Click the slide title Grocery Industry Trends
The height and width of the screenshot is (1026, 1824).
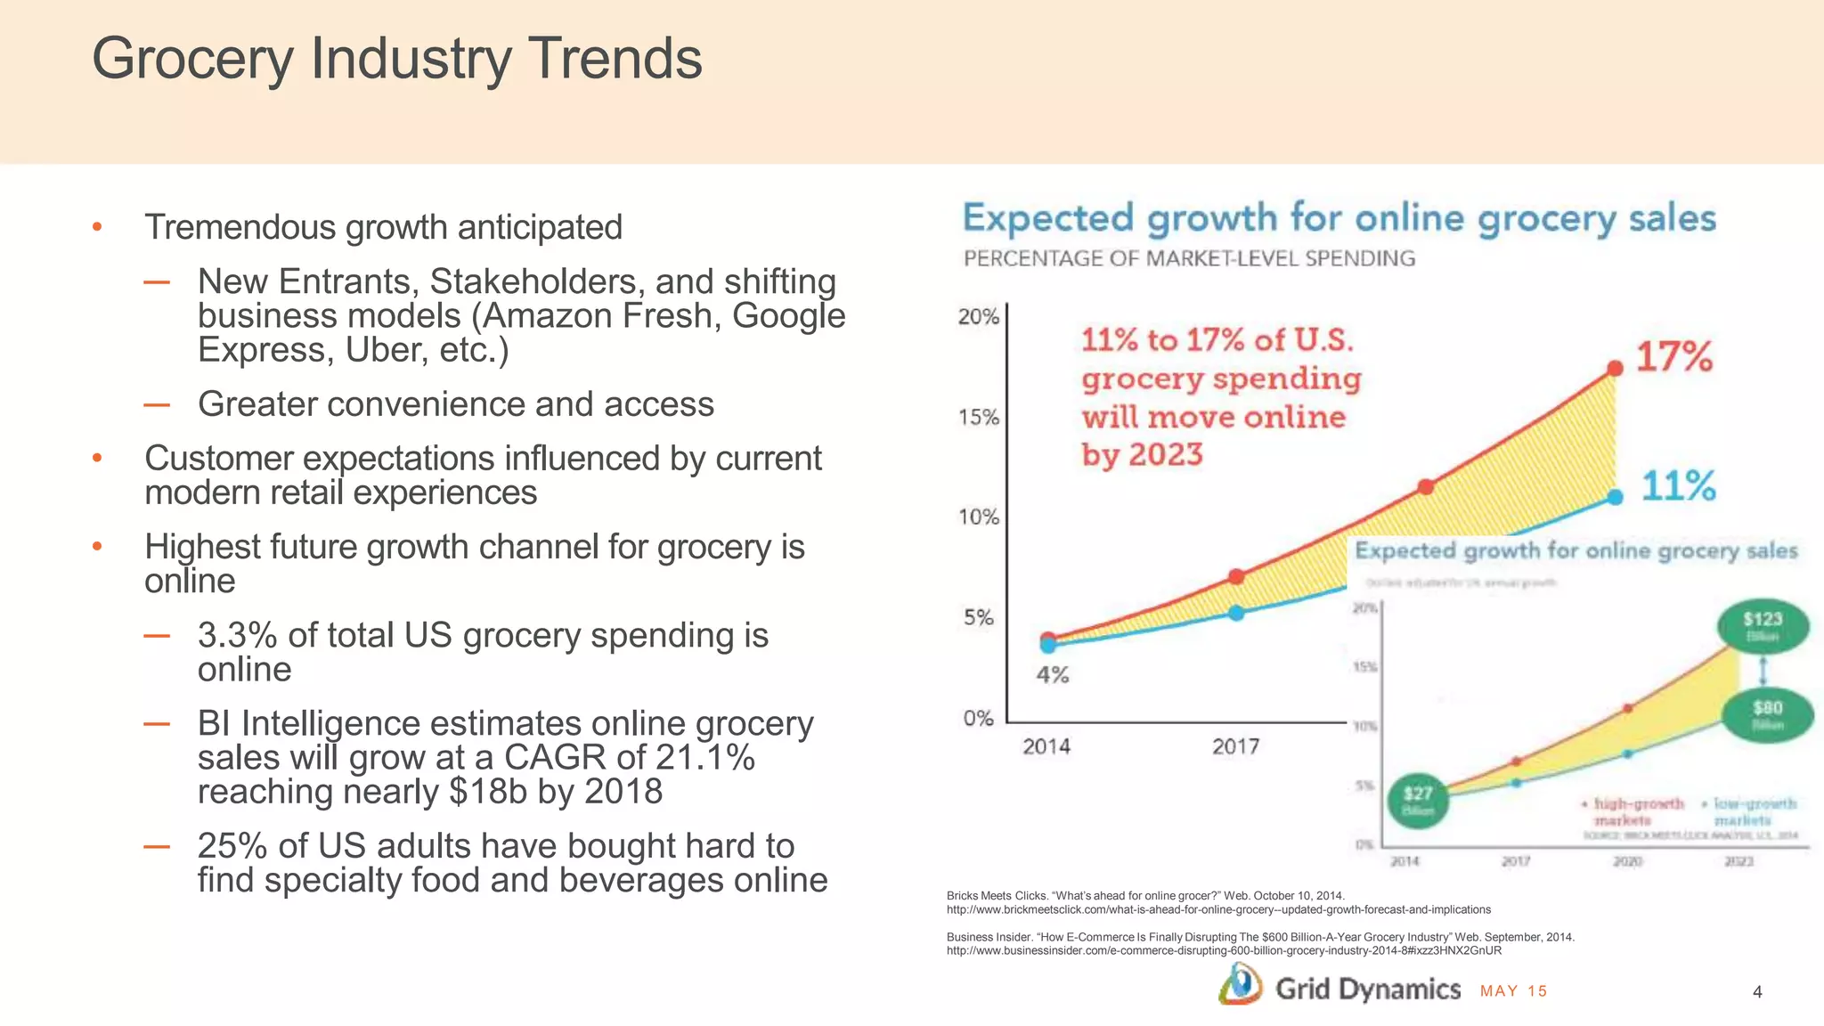[397, 59]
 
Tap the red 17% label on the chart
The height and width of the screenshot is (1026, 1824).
[1673, 357]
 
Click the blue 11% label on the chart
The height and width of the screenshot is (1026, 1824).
[1678, 486]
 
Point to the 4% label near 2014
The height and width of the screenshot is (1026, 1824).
[1052, 675]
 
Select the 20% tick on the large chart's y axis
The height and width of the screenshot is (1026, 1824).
[978, 317]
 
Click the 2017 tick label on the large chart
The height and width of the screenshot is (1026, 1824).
[1235, 746]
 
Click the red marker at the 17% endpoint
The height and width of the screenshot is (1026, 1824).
[1615, 368]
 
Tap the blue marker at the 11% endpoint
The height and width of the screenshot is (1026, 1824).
[1615, 497]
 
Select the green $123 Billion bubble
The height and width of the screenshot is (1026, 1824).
[1763, 625]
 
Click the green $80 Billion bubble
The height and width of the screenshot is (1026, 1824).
[1767, 714]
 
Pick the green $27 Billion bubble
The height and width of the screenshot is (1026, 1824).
[1418, 800]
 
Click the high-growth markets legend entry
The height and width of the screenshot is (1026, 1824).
[1633, 811]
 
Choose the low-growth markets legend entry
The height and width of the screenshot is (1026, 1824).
[1750, 811]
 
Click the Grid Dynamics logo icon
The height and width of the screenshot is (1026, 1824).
[1240, 987]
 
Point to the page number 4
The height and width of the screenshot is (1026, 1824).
[1756, 992]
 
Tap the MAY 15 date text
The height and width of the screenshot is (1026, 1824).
[1513, 991]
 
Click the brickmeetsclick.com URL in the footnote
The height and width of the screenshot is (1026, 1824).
[1217, 909]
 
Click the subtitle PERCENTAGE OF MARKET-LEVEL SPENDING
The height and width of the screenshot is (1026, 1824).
[1189, 258]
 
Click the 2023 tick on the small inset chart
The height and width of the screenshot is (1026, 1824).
[1738, 861]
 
